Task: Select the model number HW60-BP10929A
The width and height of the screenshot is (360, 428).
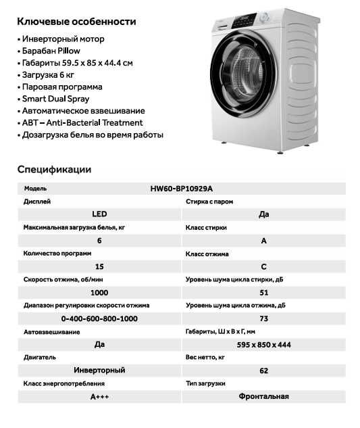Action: click(x=186, y=189)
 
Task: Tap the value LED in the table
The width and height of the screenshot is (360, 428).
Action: click(x=99, y=214)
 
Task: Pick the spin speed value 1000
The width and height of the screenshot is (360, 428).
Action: click(x=99, y=293)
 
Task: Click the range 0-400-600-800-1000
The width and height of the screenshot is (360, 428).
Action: click(x=99, y=318)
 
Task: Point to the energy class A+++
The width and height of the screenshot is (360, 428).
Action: click(x=99, y=397)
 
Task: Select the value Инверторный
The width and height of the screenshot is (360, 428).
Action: click(x=99, y=371)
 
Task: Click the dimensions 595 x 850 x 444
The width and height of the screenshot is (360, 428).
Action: click(x=263, y=345)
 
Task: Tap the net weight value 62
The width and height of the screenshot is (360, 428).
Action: click(x=263, y=371)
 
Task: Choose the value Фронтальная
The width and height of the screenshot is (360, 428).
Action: click(x=263, y=397)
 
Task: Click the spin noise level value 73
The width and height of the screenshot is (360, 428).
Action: click(x=263, y=318)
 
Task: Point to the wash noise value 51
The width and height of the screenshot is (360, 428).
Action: click(x=263, y=293)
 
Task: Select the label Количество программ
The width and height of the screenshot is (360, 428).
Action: click(x=57, y=254)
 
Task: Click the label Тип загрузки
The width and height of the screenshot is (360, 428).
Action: click(x=206, y=383)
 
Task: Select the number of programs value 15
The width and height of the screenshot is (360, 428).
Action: click(x=99, y=266)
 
